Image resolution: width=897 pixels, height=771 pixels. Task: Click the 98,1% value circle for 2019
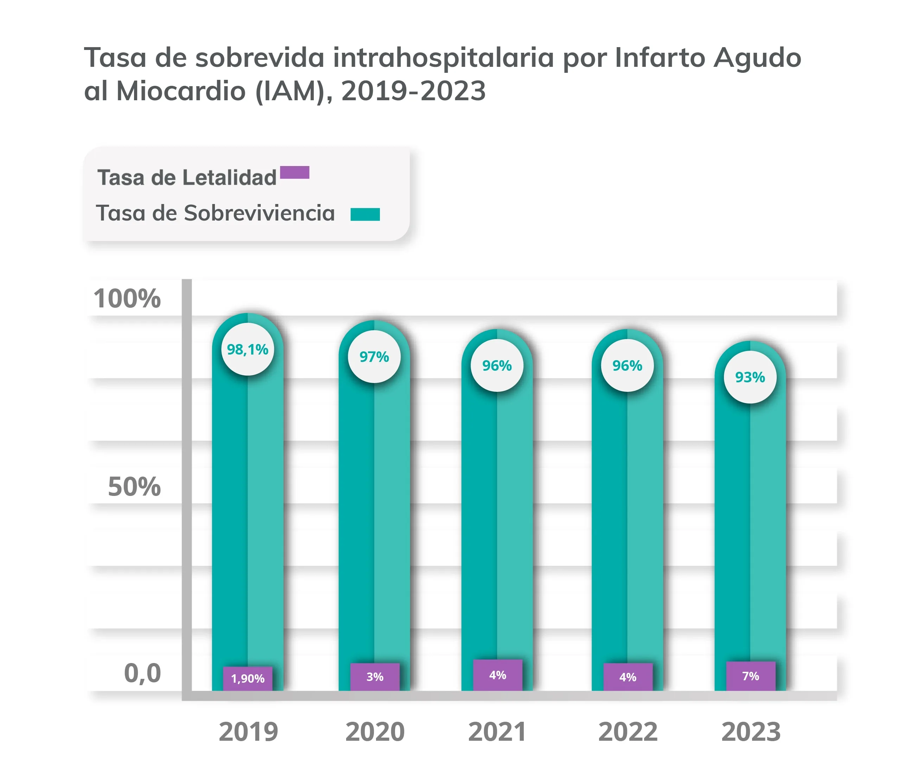(247, 349)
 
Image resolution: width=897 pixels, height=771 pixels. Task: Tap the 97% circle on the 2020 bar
(374, 357)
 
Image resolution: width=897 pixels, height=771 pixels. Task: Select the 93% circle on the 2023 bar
(750, 377)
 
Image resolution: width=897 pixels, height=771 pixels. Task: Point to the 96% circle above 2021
(497, 366)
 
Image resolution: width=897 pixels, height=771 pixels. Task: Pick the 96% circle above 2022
(627, 366)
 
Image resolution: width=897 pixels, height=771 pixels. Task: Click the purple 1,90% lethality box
(248, 678)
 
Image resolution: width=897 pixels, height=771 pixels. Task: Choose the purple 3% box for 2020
(375, 677)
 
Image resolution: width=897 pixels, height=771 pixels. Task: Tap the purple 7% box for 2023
(751, 676)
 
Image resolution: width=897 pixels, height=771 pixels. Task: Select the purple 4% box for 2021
(497, 675)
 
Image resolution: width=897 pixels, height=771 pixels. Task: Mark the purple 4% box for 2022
(628, 677)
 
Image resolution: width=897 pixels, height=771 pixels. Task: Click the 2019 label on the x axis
(248, 732)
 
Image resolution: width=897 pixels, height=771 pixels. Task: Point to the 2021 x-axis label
(497, 732)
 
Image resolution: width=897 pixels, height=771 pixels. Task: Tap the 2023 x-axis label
(751, 732)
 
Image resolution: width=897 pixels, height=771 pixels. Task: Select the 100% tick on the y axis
(127, 299)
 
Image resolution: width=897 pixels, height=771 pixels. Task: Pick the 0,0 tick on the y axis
(142, 673)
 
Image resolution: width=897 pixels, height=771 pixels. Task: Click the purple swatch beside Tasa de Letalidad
(294, 172)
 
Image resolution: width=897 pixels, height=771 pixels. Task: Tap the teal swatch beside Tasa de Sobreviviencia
(365, 214)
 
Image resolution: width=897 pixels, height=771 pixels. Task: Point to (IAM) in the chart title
(291, 91)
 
